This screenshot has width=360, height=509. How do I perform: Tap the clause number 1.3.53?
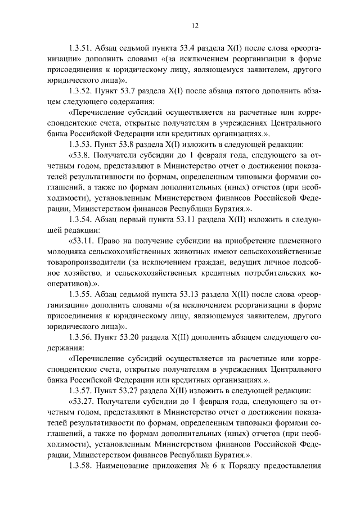tap(80, 143)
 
